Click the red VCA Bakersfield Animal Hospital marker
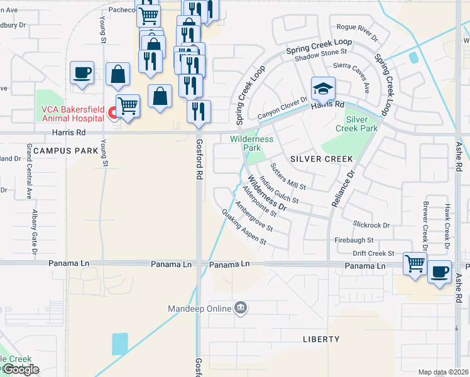point(112,113)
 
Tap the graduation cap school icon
point(323,89)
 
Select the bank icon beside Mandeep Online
point(240,308)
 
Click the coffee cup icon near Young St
point(82,72)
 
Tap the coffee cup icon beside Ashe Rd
point(439,271)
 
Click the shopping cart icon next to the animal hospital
point(128,105)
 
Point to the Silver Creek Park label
point(361,123)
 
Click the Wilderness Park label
point(251,143)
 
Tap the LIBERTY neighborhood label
point(321,339)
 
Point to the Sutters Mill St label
point(287,177)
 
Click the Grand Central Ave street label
point(29,171)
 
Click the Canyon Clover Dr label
point(282,107)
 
